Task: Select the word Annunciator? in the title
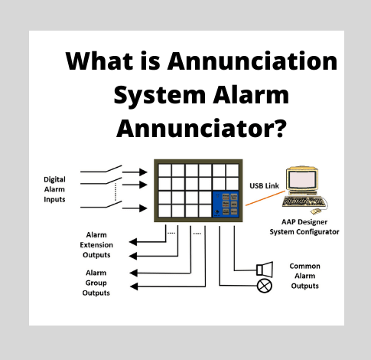tap(202, 125)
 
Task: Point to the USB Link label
tap(264, 185)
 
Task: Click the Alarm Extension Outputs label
tap(96, 244)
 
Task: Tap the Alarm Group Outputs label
tap(96, 282)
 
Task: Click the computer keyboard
tap(301, 202)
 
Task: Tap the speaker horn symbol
tap(265, 267)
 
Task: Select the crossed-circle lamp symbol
tap(265, 286)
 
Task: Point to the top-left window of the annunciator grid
tap(163, 170)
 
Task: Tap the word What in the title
tap(99, 61)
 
